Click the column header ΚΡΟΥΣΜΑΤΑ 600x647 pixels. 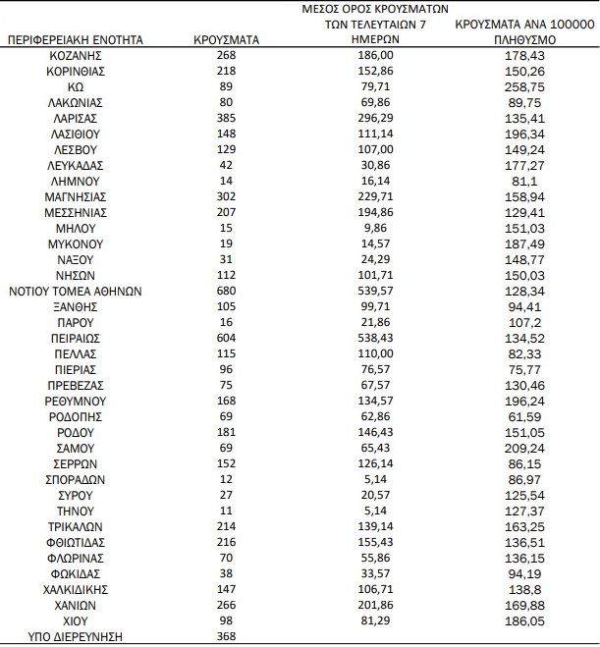tap(228, 40)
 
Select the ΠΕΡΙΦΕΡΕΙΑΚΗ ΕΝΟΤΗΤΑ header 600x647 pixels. tap(76, 40)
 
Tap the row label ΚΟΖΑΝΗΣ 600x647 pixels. tap(76, 56)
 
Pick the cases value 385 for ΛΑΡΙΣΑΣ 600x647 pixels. tap(228, 118)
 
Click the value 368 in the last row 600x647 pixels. tap(228, 635)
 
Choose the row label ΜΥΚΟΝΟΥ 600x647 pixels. tap(76, 243)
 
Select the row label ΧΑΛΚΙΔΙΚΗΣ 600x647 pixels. tap(76, 589)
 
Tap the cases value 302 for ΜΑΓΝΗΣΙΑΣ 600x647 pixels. tap(228, 196)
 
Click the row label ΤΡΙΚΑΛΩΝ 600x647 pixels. tap(76, 526)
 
